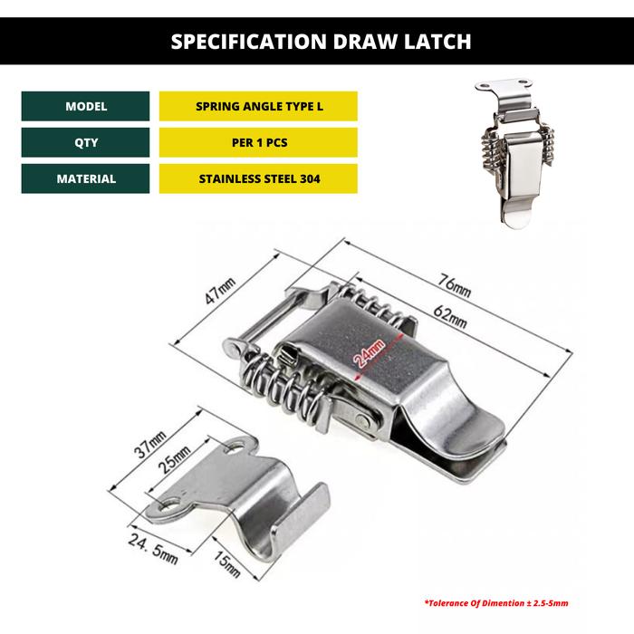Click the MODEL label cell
click(x=85, y=106)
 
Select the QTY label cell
click(x=85, y=142)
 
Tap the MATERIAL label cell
click(x=85, y=178)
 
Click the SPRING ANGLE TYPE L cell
click(x=258, y=106)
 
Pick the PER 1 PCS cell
click(x=258, y=142)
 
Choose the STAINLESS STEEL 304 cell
click(x=258, y=178)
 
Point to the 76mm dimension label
click(x=454, y=285)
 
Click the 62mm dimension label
click(x=449, y=316)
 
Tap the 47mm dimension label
click(x=219, y=291)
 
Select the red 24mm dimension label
click(x=369, y=353)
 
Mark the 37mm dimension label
click(x=150, y=445)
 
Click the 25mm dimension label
click(x=174, y=460)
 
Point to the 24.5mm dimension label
click(x=153, y=548)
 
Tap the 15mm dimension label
click(x=226, y=565)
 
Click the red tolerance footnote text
click(x=496, y=603)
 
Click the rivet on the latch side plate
click(x=362, y=420)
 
